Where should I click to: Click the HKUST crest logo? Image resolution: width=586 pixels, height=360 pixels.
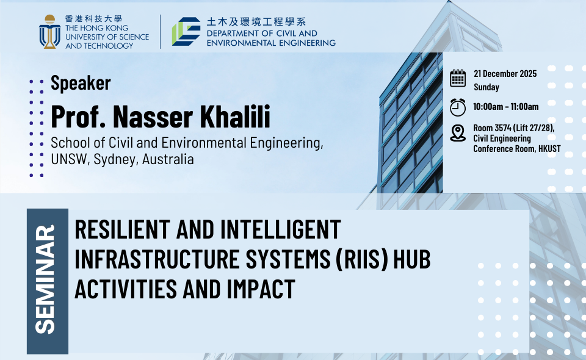click(49, 32)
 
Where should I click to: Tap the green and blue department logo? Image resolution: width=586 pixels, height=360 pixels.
click(186, 31)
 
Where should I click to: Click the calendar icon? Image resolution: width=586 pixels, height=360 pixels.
click(458, 78)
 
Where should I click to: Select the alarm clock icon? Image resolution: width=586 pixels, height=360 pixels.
click(458, 107)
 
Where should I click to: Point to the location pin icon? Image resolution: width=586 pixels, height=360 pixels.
click(458, 133)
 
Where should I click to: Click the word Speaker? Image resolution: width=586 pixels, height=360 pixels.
click(81, 83)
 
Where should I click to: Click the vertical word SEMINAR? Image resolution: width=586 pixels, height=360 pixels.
click(45, 279)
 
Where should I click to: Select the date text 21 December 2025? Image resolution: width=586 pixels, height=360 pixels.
click(505, 74)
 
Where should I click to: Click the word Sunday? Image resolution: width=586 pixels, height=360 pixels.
click(487, 87)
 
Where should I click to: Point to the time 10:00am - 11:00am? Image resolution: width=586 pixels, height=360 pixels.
click(505, 106)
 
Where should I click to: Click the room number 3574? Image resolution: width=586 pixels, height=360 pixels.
click(502, 128)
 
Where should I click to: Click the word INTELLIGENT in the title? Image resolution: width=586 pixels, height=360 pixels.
click(280, 229)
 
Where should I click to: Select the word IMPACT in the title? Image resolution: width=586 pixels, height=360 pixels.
click(261, 289)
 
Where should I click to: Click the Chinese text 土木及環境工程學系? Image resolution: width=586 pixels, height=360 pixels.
click(256, 21)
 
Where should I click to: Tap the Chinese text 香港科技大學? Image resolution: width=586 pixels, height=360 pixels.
click(94, 19)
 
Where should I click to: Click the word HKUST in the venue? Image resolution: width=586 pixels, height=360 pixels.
click(549, 149)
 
